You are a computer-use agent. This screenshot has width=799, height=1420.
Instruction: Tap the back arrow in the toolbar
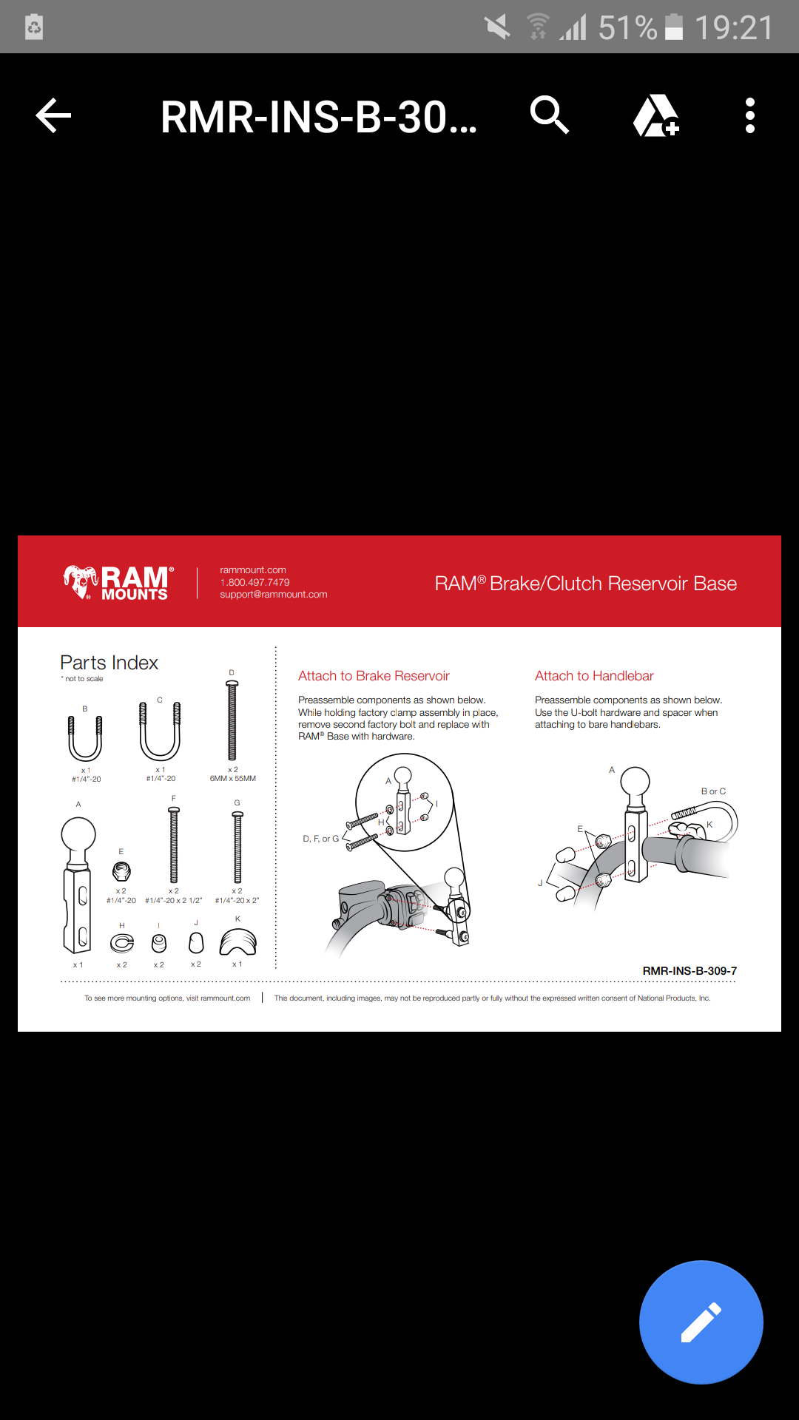point(53,116)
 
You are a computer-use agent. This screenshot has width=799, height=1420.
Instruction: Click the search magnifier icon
point(549,115)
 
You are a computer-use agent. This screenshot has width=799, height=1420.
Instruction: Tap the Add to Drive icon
point(655,116)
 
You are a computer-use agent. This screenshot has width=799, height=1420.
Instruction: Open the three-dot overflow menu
point(750,116)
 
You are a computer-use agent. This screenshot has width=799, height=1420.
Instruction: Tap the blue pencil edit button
point(701,1322)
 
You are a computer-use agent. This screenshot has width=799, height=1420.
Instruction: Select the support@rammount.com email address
point(273,595)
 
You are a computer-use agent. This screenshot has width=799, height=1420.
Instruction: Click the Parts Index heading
point(109,663)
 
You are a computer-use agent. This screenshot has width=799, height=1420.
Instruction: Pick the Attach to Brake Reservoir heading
point(374,676)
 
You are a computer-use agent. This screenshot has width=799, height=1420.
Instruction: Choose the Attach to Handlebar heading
point(594,676)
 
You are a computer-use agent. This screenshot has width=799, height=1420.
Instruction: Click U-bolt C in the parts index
point(160,732)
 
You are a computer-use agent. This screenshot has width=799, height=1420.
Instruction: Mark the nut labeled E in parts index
point(121,871)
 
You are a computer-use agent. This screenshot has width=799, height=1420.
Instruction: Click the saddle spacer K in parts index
point(237,942)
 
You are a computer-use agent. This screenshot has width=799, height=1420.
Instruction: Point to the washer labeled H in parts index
point(122,943)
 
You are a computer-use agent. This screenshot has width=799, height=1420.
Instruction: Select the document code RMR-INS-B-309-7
point(690,971)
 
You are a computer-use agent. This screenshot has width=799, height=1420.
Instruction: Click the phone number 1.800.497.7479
point(254,582)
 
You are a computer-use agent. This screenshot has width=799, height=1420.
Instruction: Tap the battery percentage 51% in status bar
point(627,28)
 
